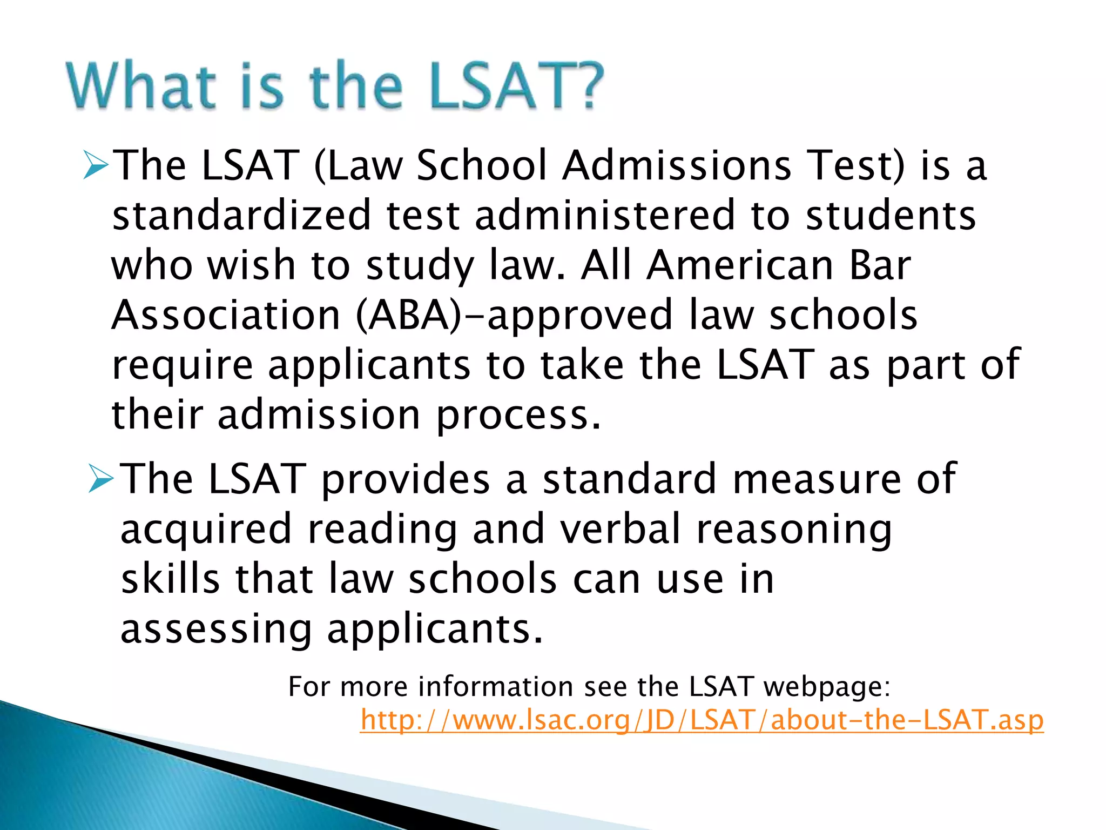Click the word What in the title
[141, 85]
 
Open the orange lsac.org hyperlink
[702, 720]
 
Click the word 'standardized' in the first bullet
[241, 215]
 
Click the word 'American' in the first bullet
[740, 265]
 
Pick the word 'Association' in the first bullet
[226, 315]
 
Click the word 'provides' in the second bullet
[406, 479]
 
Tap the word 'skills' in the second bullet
[170, 579]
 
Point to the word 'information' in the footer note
[495, 686]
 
